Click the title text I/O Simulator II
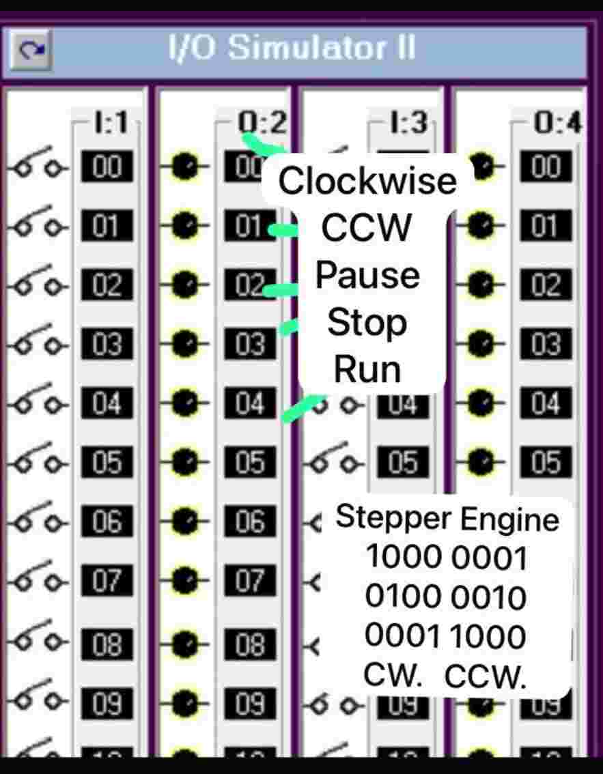click(x=292, y=49)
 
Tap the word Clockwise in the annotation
click(x=367, y=181)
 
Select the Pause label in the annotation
click(x=367, y=275)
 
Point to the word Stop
click(x=367, y=322)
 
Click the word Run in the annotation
click(x=367, y=369)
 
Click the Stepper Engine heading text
click(x=447, y=519)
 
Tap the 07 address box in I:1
click(x=106, y=582)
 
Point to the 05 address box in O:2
click(x=250, y=463)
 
